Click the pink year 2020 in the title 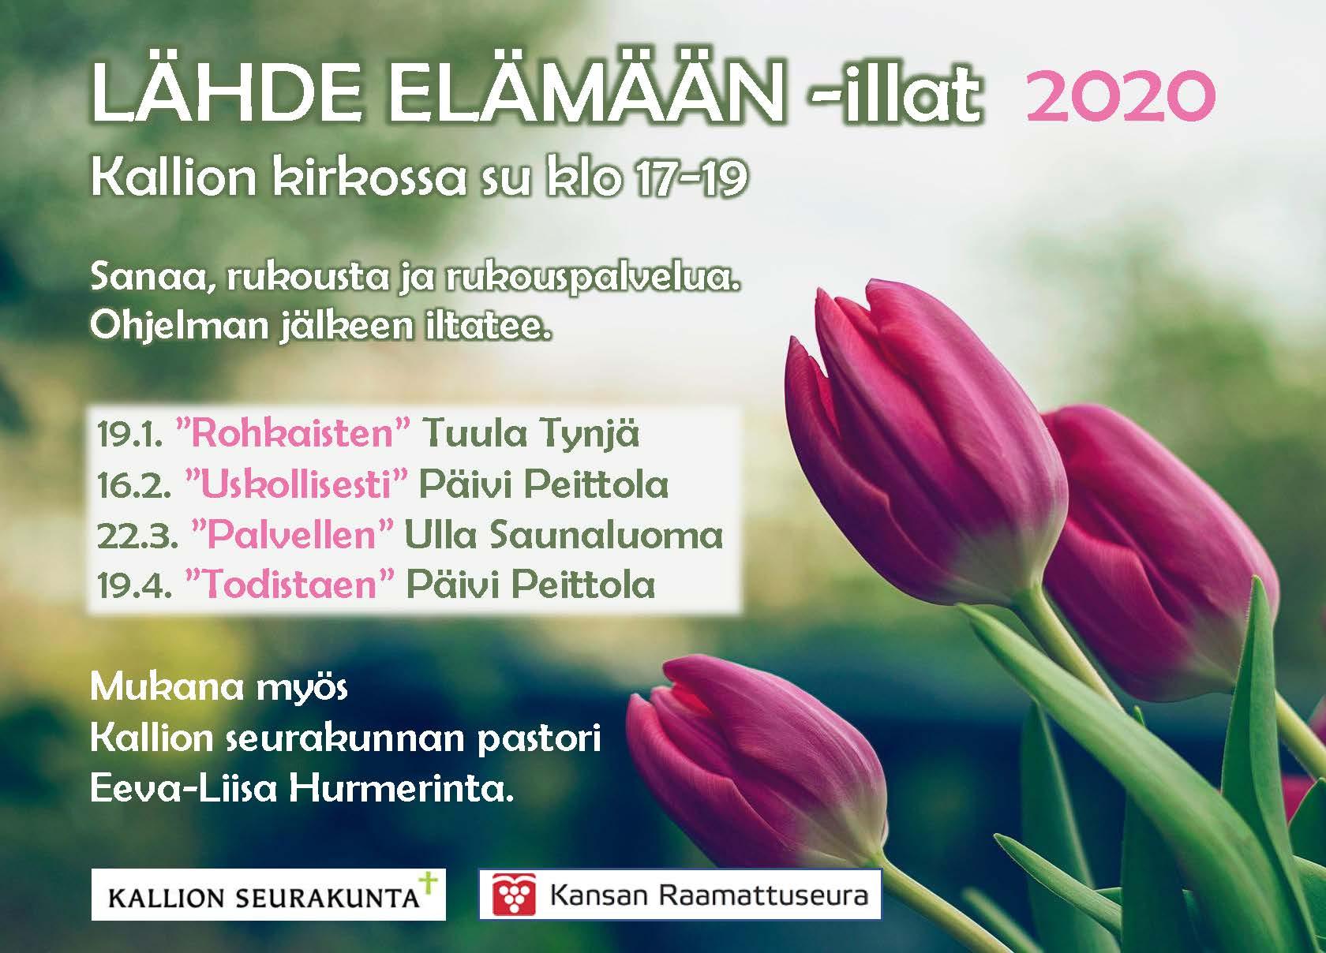1120,95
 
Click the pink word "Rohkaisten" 293,433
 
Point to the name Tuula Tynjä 530,435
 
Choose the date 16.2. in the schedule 134,486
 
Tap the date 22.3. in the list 137,536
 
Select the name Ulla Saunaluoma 564,535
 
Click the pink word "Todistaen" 290,585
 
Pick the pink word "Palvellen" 292,535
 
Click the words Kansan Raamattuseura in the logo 709,895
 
